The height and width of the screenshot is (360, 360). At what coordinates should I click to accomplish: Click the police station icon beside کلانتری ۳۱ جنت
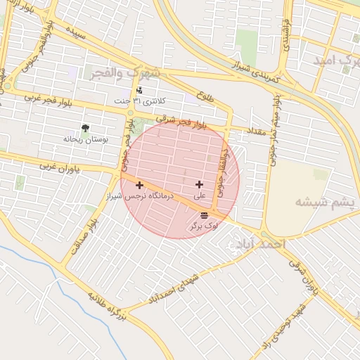[x=139, y=90]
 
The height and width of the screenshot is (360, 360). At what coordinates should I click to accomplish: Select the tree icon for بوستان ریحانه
[x=85, y=129]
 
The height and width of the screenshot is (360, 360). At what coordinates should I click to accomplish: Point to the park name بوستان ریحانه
[x=86, y=139]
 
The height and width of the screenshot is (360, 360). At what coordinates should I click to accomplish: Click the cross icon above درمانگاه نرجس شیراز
[x=140, y=186]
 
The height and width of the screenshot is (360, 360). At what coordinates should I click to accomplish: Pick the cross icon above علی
[x=200, y=184]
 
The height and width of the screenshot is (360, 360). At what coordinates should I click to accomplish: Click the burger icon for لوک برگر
[x=204, y=214]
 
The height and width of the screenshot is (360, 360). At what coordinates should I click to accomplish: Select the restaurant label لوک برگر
[x=204, y=226]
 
